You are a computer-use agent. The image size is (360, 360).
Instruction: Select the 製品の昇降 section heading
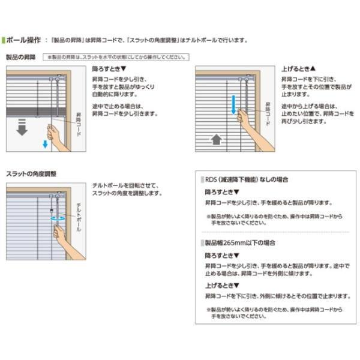(x=21, y=57)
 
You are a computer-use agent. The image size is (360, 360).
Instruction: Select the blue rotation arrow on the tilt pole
(x=58, y=220)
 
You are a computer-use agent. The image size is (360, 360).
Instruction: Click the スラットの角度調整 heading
(x=31, y=173)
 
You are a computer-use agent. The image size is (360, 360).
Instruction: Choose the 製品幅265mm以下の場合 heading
(x=237, y=244)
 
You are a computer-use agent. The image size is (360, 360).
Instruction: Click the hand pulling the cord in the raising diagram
(x=246, y=117)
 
